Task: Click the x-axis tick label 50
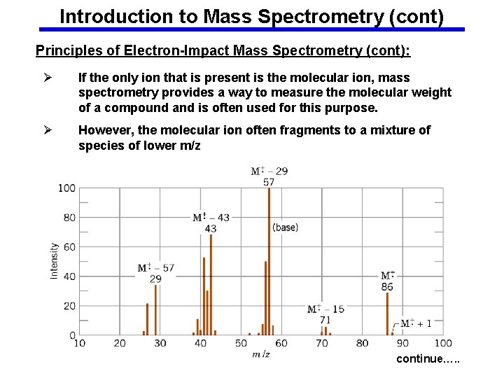tap(241, 344)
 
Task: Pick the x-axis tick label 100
tap(443, 344)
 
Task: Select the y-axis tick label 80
tap(69, 218)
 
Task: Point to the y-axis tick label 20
tap(69, 306)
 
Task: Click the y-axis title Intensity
tap(55, 261)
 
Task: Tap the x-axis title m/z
tap(261, 355)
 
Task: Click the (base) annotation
tap(285, 227)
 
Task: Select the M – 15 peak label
tap(325, 309)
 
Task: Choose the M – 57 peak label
tap(155, 267)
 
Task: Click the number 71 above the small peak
tap(325, 320)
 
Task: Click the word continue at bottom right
tap(419, 359)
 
